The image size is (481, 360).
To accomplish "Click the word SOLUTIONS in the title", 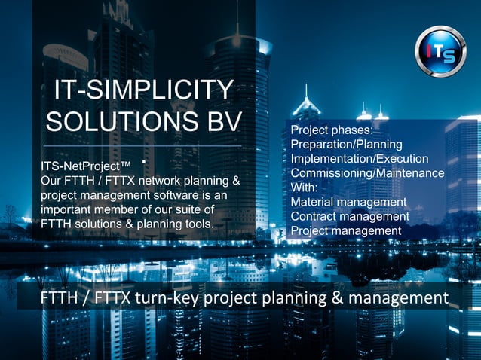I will coord(122,122).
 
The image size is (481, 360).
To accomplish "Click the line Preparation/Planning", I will coord(347,144).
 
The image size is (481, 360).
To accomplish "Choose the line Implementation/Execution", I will coord(360,158).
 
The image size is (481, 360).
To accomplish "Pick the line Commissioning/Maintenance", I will coord(367,173).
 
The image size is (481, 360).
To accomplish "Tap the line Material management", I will coord(348,202).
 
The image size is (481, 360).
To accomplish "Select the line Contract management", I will coord(350,216).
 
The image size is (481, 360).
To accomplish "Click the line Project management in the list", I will coord(346,230).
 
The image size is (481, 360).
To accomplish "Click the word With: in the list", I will coord(304,188).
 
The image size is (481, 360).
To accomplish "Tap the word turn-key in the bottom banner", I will coord(167,299).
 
